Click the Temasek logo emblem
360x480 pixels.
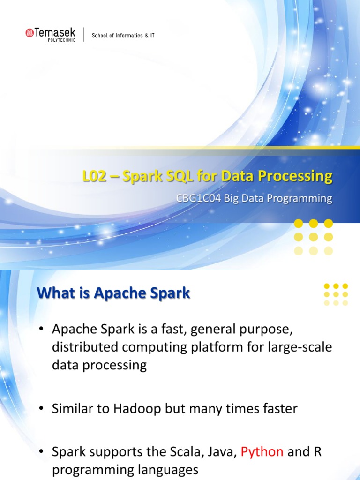[x=29, y=32]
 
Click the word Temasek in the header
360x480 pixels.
[x=54, y=32]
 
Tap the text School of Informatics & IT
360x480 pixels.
[x=123, y=36]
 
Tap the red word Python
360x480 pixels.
[x=262, y=451]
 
